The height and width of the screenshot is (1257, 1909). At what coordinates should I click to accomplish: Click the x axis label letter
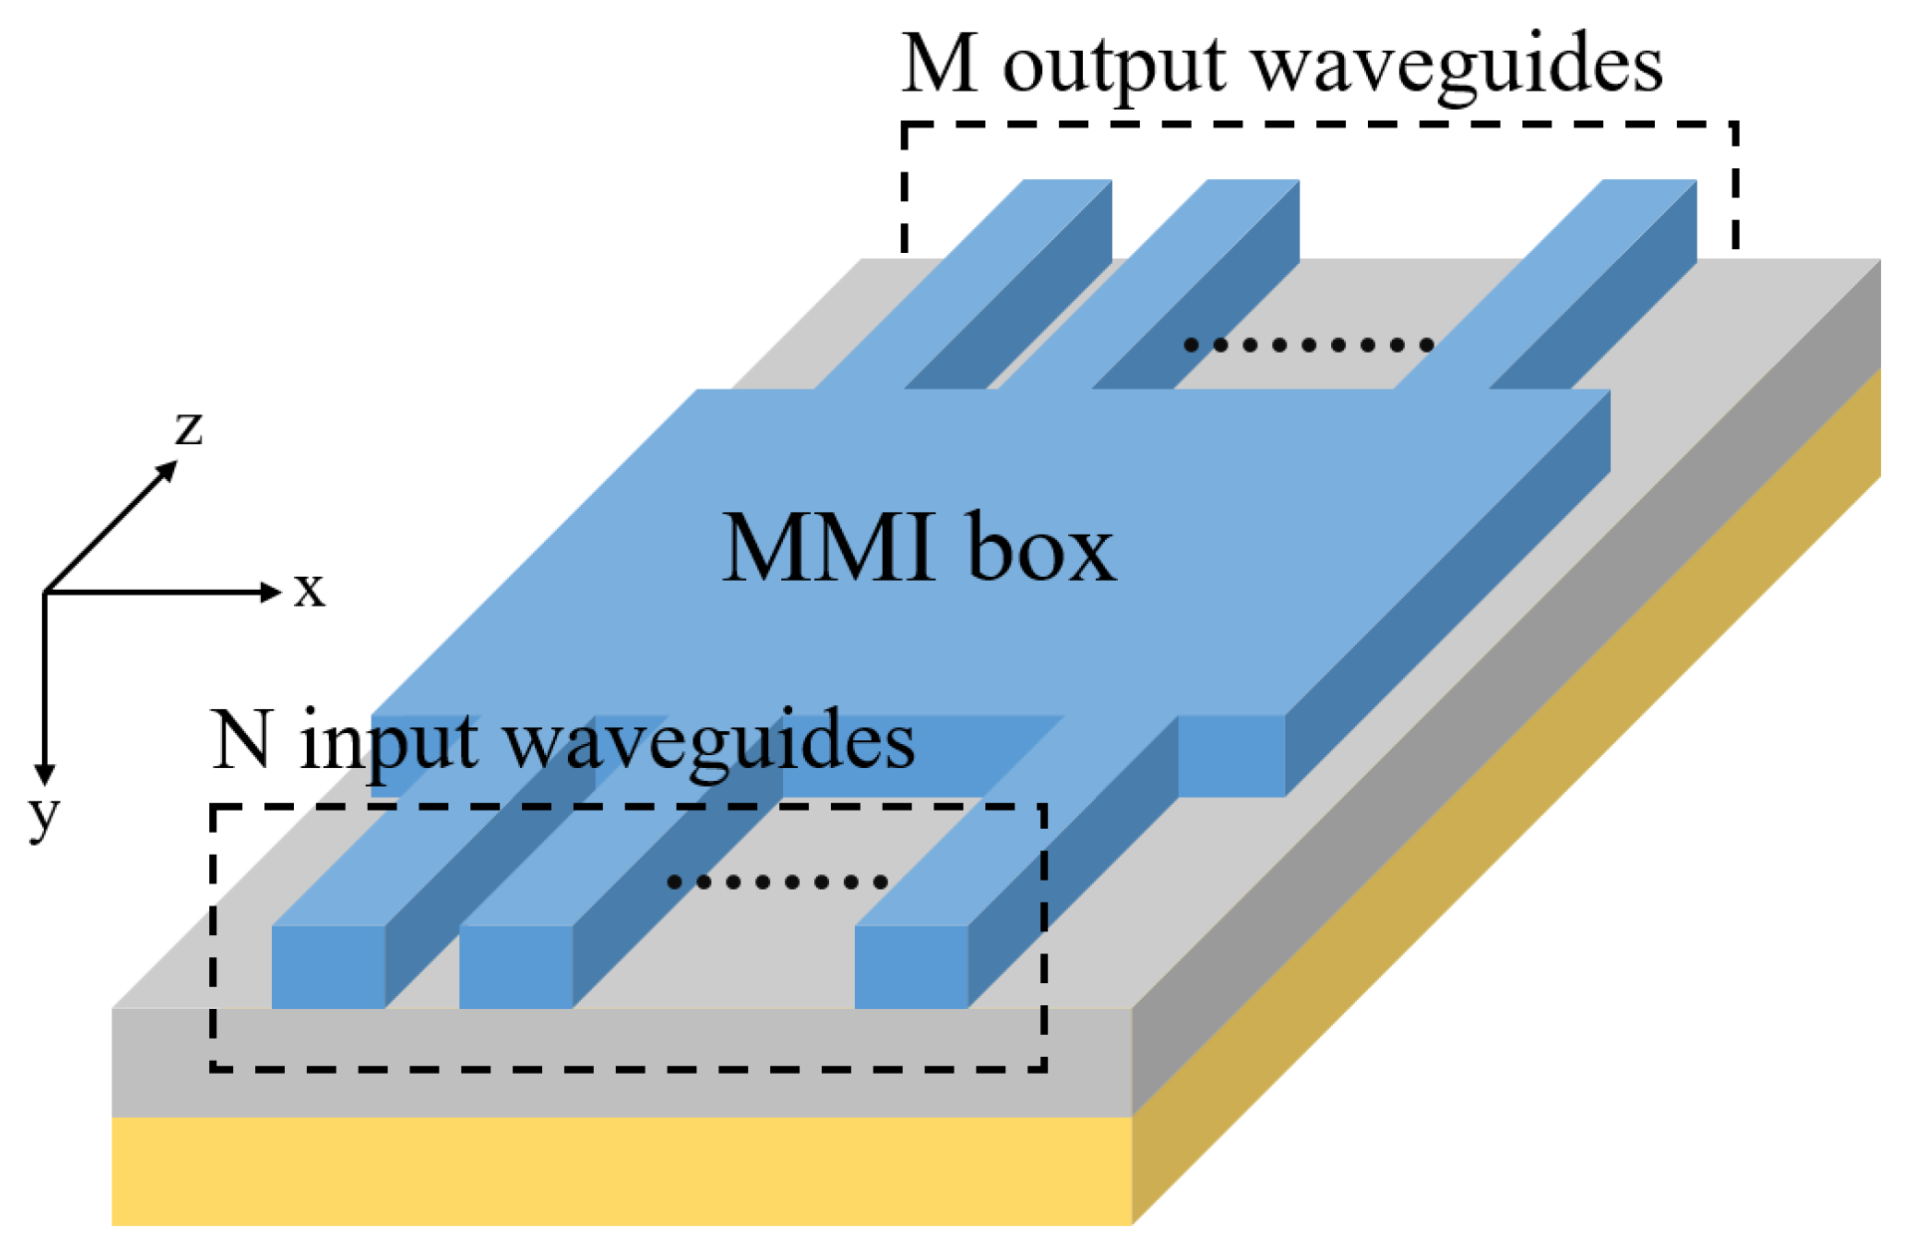309,590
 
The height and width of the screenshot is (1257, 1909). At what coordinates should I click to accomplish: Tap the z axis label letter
188,427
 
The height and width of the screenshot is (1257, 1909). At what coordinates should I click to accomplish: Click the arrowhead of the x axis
271,592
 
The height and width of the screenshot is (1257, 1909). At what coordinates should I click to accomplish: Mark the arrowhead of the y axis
45,774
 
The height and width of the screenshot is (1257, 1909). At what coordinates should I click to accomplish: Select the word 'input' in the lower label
389,744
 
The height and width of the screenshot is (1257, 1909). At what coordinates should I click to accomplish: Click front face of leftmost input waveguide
328,966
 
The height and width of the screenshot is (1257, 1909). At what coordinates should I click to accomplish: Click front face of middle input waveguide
515,966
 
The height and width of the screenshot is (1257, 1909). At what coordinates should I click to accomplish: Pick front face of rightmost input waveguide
911,966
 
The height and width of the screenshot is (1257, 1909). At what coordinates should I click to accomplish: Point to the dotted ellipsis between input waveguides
777,881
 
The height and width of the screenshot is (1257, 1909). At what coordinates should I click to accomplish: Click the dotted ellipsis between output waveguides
1308,345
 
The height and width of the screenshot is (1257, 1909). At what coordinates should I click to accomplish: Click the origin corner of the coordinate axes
46,593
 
